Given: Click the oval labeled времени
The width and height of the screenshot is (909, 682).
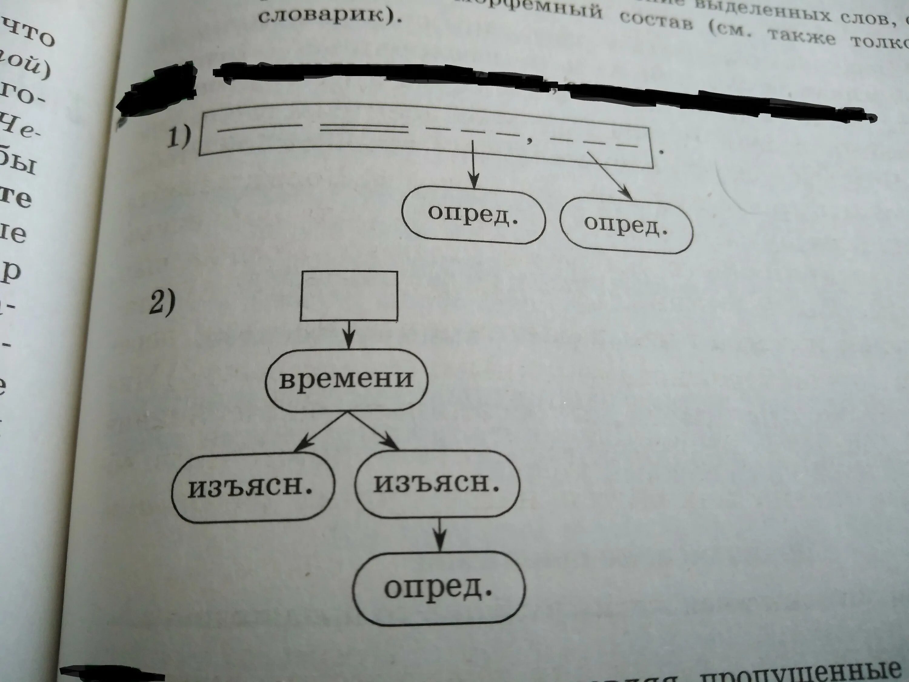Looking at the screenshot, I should [x=346, y=379].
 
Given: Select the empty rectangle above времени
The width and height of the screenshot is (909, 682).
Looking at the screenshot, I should [x=349, y=295].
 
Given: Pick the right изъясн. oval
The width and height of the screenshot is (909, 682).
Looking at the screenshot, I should [x=437, y=485].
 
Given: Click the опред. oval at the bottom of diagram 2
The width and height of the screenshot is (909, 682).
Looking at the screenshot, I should [x=438, y=588].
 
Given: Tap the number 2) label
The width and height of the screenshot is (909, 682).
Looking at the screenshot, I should [x=162, y=303].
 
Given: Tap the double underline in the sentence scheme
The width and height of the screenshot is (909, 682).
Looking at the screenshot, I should [x=364, y=130].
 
